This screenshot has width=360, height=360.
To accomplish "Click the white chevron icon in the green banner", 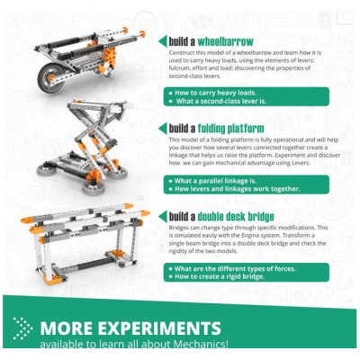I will pos(23,328).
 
